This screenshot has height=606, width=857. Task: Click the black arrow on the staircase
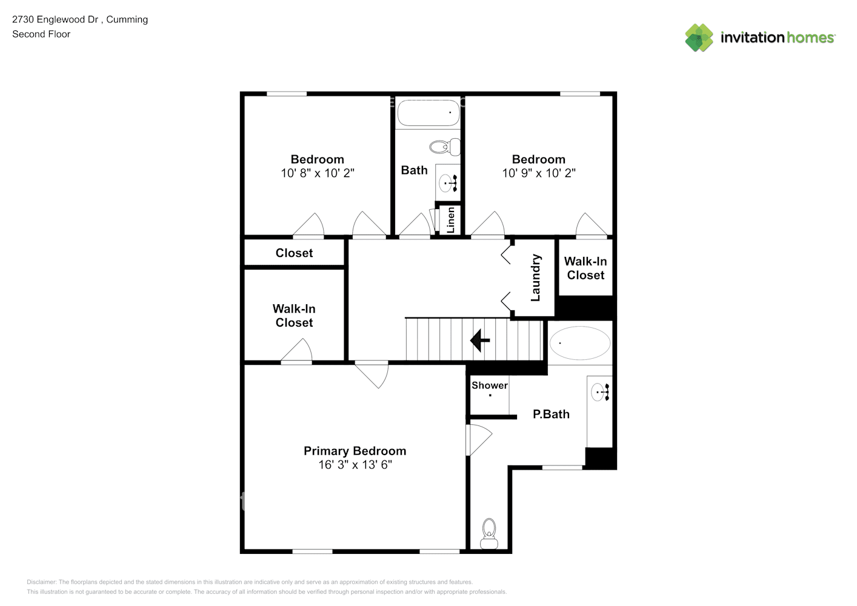[479, 340]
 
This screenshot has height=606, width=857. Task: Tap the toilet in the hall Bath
[445, 147]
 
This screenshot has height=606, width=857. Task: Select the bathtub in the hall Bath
[428, 113]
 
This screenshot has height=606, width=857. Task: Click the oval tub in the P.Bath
[579, 343]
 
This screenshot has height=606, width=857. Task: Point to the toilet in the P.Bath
[489, 533]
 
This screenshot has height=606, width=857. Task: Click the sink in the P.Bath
[599, 392]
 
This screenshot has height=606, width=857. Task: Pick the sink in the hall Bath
[449, 182]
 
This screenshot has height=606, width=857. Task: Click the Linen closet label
[450, 219]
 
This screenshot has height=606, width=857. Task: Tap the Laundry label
[535, 278]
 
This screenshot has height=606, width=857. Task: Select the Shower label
[490, 385]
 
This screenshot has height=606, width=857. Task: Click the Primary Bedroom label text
[355, 451]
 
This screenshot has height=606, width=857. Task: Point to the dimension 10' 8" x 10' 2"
[317, 173]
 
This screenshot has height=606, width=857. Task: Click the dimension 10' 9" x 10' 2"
[538, 173]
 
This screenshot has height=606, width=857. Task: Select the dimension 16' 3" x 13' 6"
[355, 465]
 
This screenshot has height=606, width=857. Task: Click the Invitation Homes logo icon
[699, 38]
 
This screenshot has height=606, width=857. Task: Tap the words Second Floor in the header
[41, 35]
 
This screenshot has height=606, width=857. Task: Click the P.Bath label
[551, 415]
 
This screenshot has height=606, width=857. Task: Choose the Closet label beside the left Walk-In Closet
[294, 253]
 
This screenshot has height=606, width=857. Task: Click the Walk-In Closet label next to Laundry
[585, 268]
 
